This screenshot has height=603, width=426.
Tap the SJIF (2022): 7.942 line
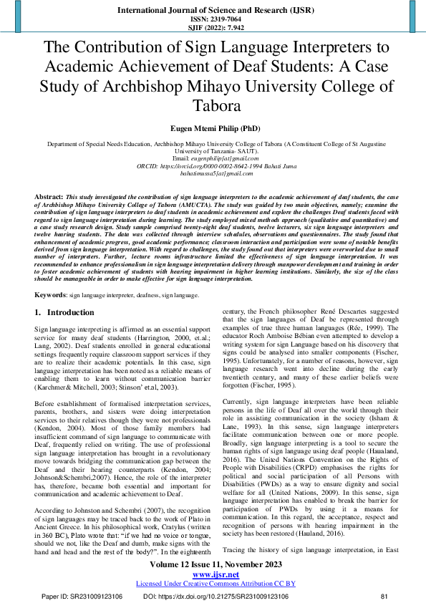[x=213, y=27]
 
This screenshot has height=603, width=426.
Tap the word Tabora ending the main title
[x=213, y=105]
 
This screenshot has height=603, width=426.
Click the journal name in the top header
[x=213, y=9]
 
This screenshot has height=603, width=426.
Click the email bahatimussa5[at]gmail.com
[x=213, y=173]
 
